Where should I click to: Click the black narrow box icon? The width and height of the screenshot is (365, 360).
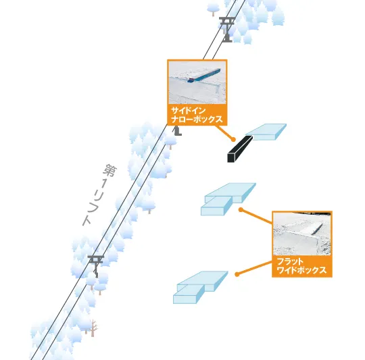pos(240,149)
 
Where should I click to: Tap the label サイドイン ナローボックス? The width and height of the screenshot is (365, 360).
pos(197,115)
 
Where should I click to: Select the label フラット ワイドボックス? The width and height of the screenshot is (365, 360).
pos(301,266)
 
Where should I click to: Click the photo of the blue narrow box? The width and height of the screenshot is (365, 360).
pos(197,82)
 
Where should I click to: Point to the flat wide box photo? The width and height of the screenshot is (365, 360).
pos(302,234)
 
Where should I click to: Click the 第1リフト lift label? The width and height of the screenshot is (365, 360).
pos(99,195)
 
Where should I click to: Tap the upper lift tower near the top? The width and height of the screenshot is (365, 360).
pos(226,29)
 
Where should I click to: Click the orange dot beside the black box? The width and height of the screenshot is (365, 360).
pos(233,140)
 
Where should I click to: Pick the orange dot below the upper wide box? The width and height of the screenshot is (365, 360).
pos(241,210)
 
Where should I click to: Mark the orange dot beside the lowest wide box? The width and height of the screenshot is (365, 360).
pos(237,274)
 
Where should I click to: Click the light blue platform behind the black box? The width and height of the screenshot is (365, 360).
pos(266,132)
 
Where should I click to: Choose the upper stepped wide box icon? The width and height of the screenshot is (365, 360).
pos(228,199)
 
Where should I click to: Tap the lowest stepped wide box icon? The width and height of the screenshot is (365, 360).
pos(200,288)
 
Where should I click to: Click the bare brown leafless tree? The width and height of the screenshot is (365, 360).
pos(93,328)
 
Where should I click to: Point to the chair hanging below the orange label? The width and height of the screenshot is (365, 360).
pos(177,131)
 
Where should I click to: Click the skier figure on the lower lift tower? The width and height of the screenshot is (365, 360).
pos(95,272)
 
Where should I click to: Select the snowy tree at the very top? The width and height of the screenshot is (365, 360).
pos(213,8)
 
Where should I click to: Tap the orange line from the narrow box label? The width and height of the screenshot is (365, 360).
pos(224,132)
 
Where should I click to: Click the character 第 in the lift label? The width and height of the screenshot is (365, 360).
pos(110,170)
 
